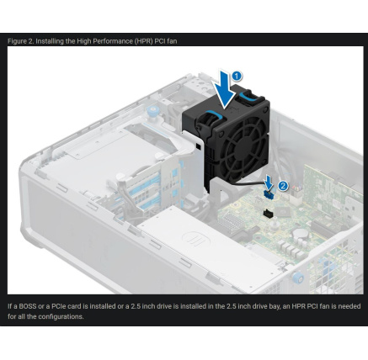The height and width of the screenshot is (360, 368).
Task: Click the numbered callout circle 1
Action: pos(237,76)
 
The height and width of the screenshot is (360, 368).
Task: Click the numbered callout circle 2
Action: pos(283,186)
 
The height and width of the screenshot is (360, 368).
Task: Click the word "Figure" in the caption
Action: pos(18,40)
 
